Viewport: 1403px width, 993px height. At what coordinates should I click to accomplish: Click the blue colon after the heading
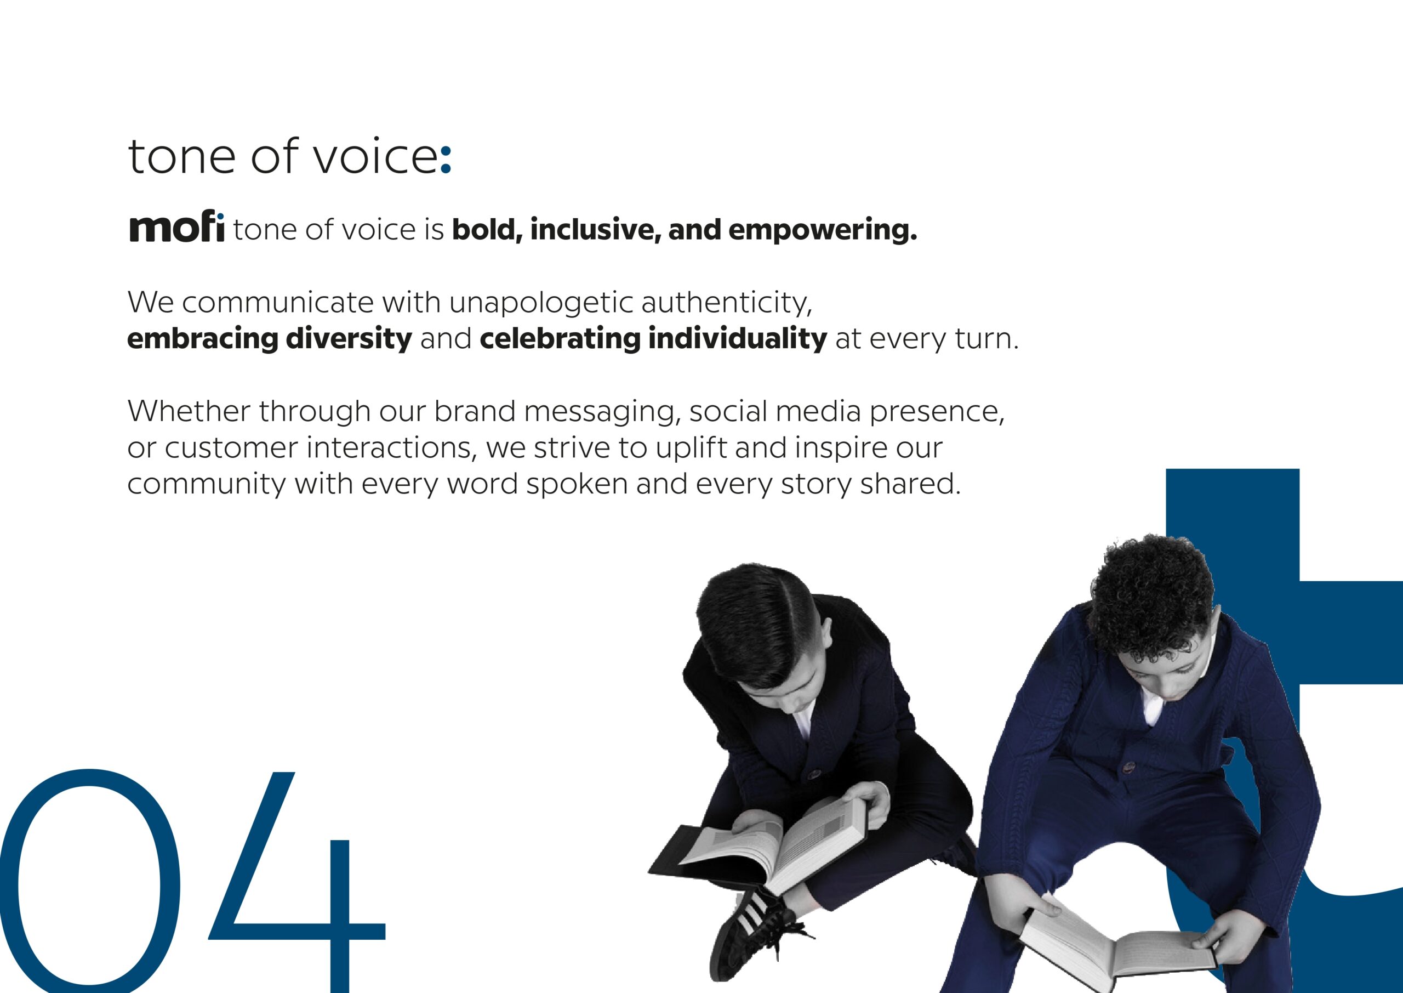446,160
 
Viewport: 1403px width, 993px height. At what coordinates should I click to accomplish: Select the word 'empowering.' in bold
823,230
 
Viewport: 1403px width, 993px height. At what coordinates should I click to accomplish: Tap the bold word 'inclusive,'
596,230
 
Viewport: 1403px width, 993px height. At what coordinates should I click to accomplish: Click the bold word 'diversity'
349,339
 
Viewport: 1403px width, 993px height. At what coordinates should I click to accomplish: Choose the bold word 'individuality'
738,339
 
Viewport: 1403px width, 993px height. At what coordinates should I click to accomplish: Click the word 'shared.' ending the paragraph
910,484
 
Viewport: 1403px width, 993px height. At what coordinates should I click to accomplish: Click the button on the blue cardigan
1127,767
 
